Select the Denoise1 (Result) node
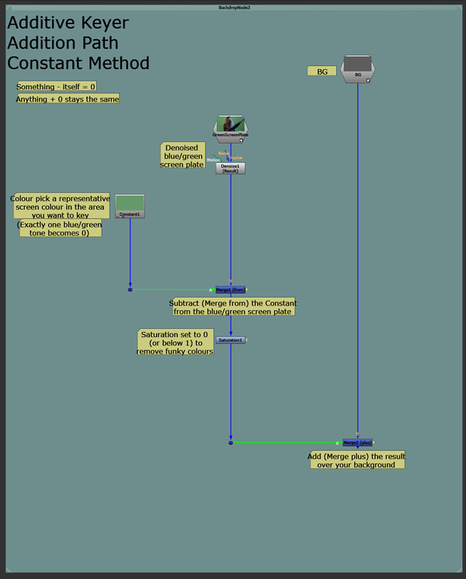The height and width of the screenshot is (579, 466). [231, 168]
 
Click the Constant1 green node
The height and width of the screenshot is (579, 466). [130, 206]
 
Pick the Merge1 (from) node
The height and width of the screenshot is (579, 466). [231, 289]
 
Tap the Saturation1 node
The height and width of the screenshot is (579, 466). [231, 340]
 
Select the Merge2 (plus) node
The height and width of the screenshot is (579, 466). [357, 442]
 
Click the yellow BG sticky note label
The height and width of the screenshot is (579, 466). [322, 72]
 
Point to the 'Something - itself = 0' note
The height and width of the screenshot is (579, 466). [57, 86]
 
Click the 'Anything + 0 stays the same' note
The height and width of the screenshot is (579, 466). [68, 99]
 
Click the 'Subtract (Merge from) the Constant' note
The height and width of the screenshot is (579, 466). [232, 307]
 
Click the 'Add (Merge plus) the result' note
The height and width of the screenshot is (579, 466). [356, 460]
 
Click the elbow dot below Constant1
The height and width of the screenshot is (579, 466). [130, 289]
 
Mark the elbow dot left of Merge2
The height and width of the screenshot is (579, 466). [231, 442]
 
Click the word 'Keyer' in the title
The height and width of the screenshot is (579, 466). [99, 23]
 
